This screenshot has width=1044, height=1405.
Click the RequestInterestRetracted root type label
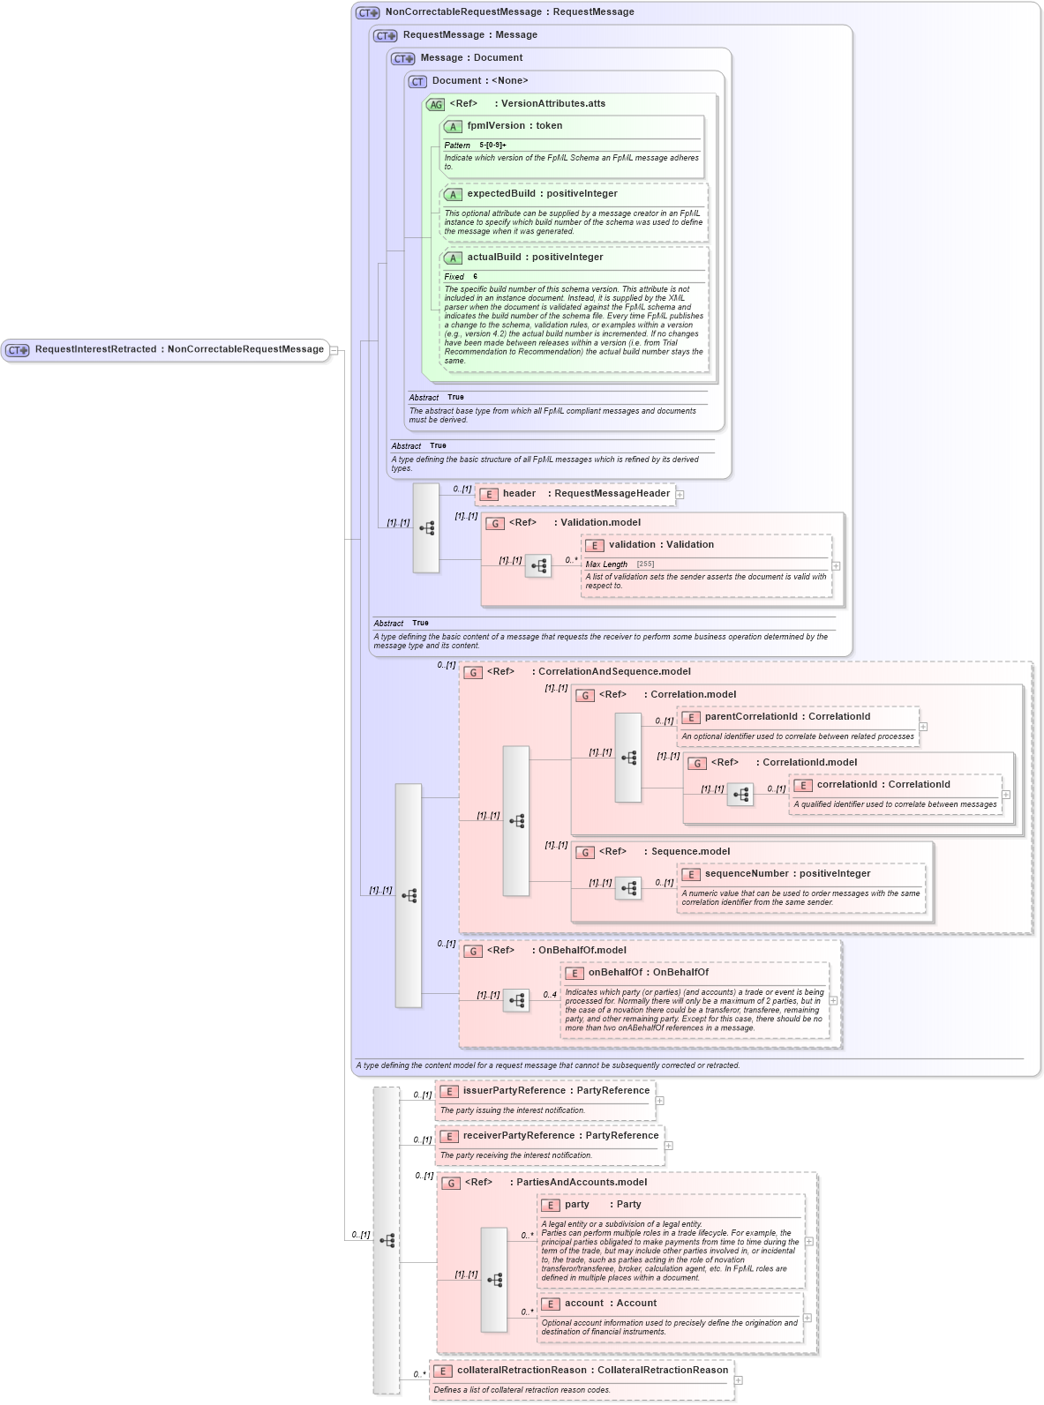point(179,349)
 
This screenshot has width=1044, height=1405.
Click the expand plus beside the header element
point(680,495)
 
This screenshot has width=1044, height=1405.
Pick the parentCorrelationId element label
point(787,717)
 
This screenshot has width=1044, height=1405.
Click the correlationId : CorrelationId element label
point(883,785)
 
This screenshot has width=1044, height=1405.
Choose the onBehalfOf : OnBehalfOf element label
point(648,973)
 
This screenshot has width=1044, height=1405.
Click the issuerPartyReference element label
point(556,1091)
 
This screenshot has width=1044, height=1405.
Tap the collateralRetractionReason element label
point(592,1371)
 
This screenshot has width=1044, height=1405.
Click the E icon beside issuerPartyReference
point(448,1092)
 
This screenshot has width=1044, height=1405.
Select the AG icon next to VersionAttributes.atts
point(435,104)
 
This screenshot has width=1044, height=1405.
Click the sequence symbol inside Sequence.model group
point(628,888)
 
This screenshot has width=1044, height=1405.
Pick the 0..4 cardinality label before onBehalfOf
point(550,995)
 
